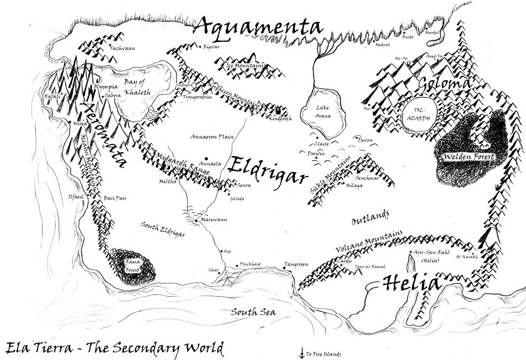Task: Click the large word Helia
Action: click(410, 284)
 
